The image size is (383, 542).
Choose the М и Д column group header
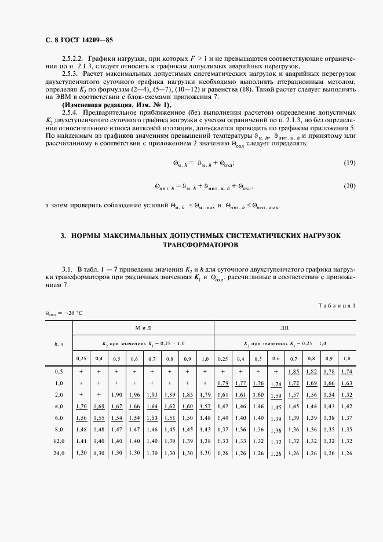pos(143,328)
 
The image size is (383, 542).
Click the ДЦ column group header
pos(285,328)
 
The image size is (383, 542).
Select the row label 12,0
pos(59,441)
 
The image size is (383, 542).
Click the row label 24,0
pos(59,453)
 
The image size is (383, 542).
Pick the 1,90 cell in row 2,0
pos(116,395)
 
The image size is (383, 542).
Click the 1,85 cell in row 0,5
pos(294,371)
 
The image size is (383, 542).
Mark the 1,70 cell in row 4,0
pos(81,407)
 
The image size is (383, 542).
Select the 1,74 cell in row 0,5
pos(346,371)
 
